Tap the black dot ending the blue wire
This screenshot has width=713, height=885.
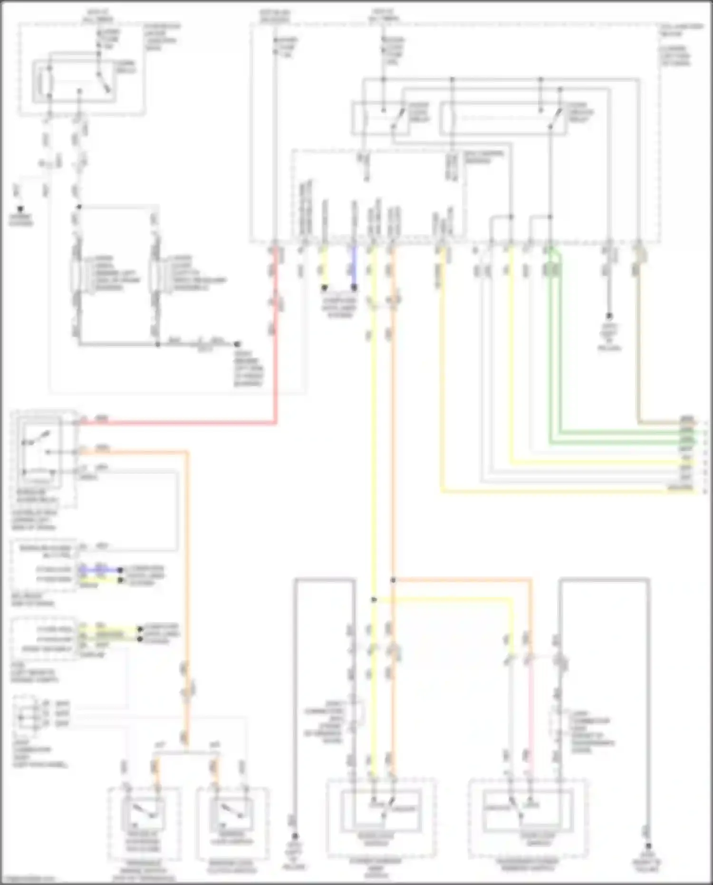pyautogui.click(x=354, y=288)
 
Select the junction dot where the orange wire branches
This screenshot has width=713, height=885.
pyautogui.click(x=393, y=580)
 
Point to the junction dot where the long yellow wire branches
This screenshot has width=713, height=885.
pyautogui.click(x=374, y=600)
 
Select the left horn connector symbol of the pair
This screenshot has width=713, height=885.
pyautogui.click(x=76, y=276)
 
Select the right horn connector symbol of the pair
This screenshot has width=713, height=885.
pyautogui.click(x=154, y=276)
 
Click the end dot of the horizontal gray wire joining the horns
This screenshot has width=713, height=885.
pyautogui.click(x=237, y=343)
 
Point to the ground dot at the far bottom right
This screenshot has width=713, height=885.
pyautogui.click(x=648, y=847)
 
